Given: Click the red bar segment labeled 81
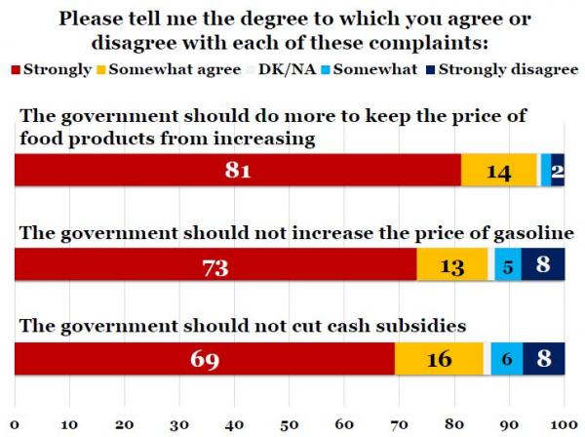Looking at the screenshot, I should click(237, 171).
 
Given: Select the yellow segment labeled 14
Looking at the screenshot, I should click(498, 171).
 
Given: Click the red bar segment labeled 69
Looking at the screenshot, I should click(204, 359).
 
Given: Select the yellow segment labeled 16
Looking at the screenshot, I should click(439, 359).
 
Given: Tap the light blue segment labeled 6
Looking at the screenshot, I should click(506, 359).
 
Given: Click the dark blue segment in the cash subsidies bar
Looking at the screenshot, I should click(544, 359).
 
